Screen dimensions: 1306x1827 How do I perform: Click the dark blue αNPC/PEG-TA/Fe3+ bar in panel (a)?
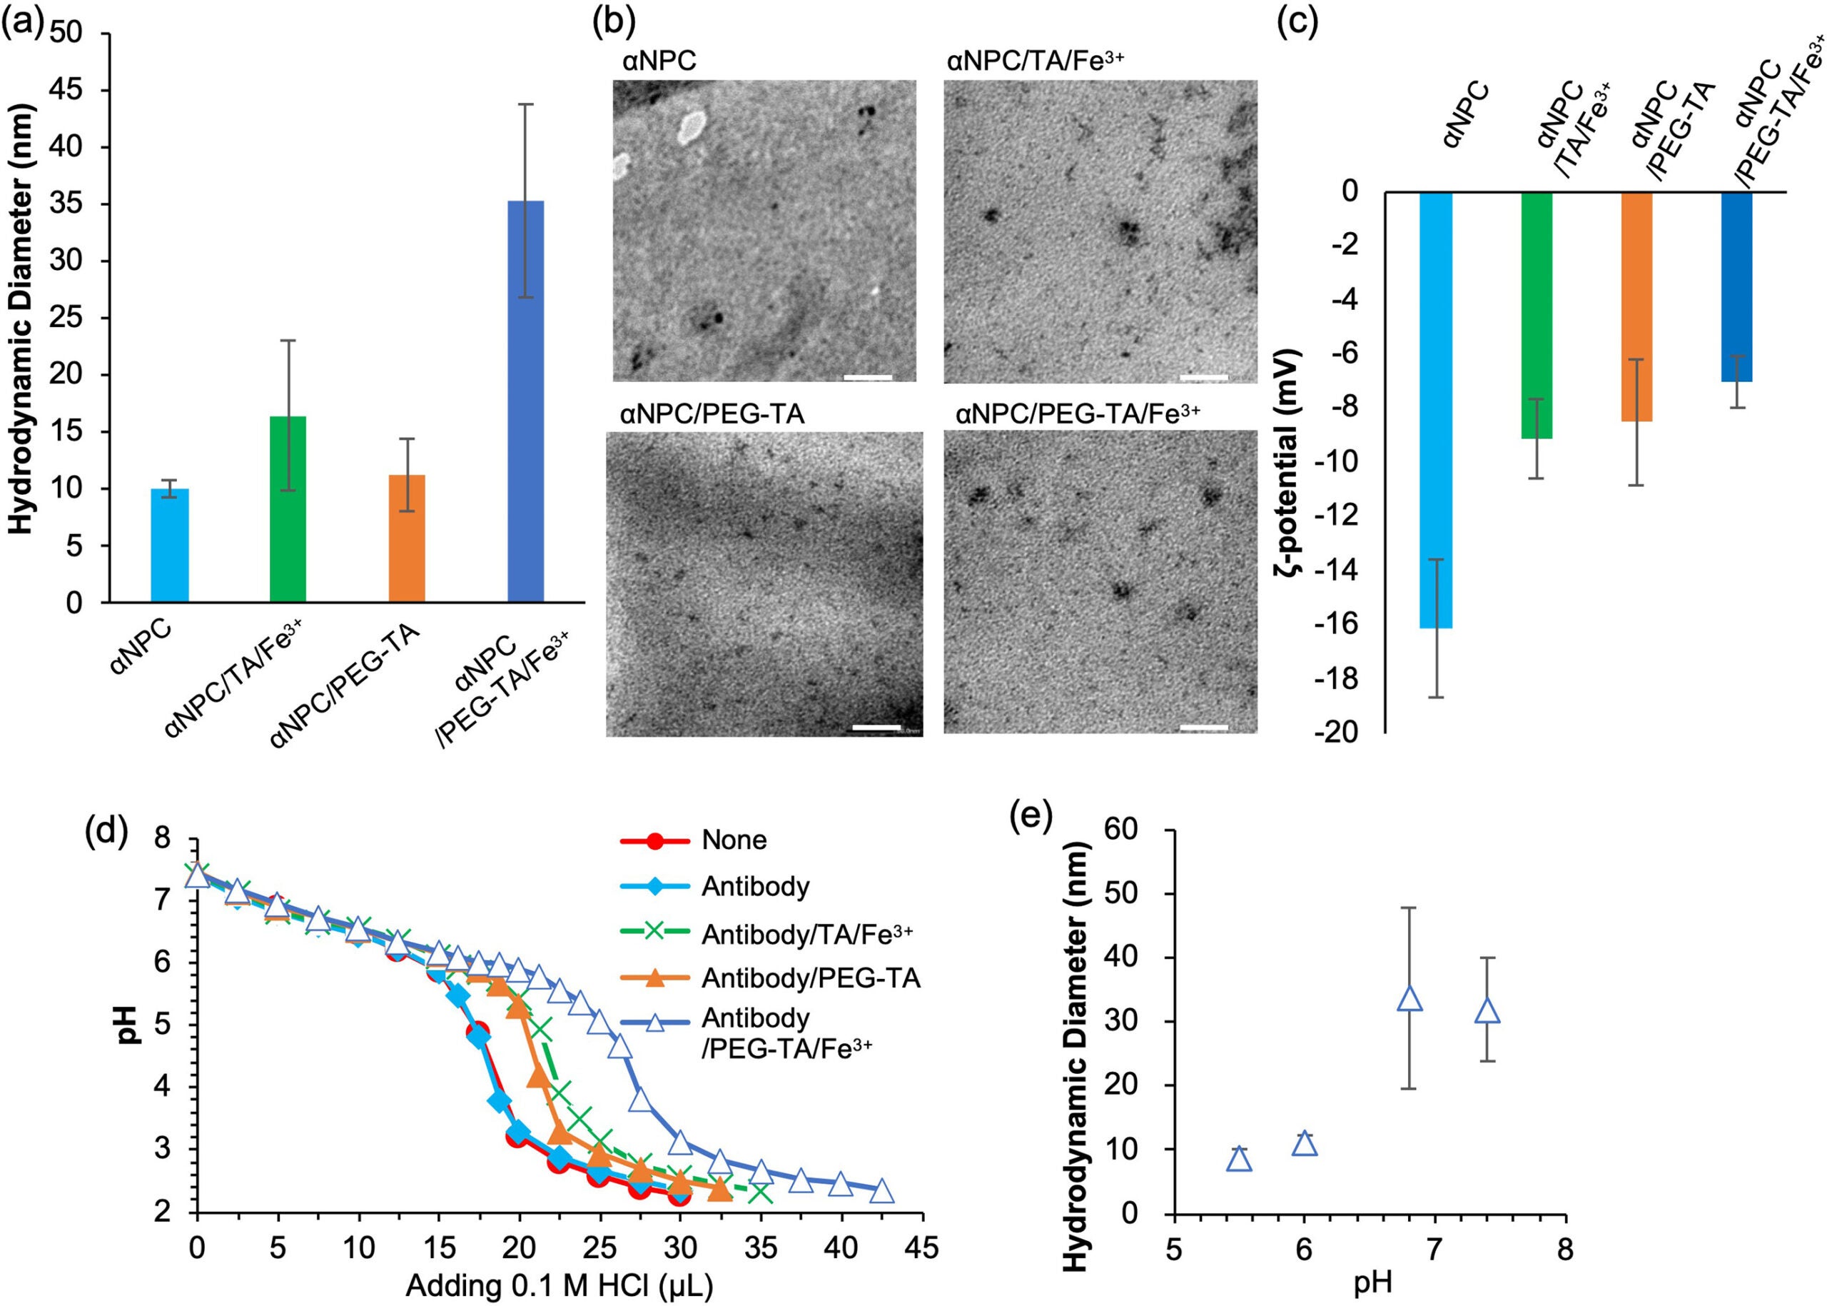point(526,402)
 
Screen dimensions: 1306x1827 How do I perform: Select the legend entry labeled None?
point(733,840)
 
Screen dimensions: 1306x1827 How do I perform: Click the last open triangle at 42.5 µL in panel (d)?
point(882,1191)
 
